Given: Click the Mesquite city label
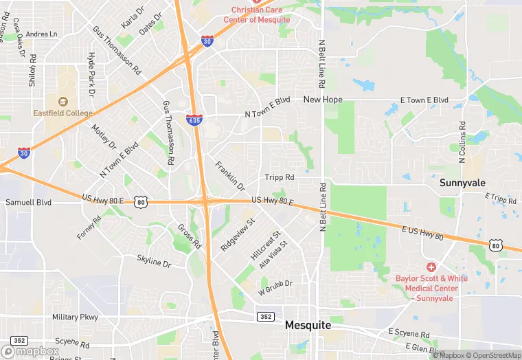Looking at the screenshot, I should [308, 324].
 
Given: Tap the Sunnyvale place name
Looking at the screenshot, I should [463, 183].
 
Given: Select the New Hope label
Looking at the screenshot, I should [323, 100].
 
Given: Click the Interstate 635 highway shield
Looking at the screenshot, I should [194, 120].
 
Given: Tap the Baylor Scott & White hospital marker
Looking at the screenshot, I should [431, 267].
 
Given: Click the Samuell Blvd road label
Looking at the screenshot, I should [29, 203].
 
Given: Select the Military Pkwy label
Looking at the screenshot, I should [75, 317].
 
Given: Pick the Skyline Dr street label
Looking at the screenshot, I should [153, 262].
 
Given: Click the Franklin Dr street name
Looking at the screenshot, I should [229, 177].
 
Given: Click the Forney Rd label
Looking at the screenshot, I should [89, 227].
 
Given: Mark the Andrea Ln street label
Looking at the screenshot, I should [42, 34].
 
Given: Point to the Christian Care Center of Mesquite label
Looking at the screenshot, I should [256, 15].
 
